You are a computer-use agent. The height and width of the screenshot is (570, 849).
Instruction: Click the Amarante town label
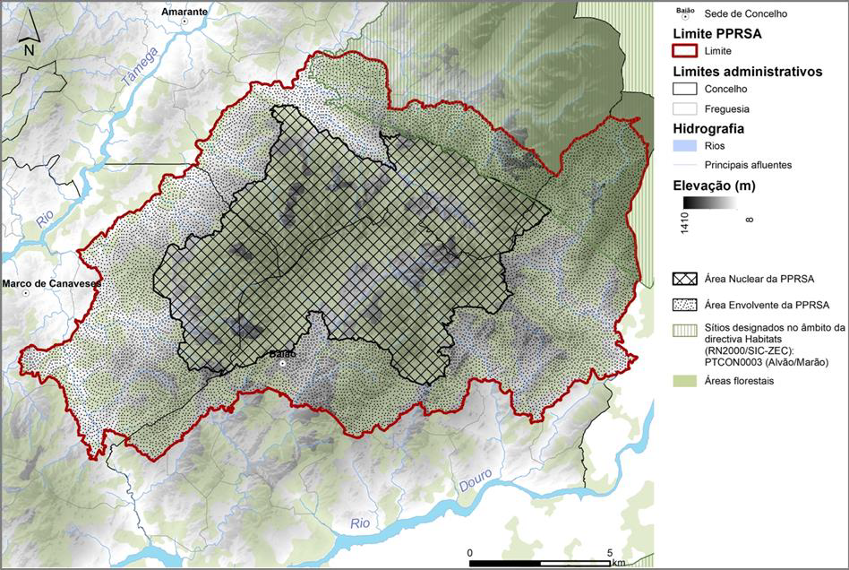click(184, 12)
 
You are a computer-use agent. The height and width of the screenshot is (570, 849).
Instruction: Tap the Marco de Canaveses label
click(52, 283)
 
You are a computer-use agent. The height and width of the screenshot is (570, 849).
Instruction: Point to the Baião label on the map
click(282, 354)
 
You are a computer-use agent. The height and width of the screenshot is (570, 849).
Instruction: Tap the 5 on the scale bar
click(609, 552)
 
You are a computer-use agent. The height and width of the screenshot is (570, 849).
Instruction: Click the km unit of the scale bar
click(619, 563)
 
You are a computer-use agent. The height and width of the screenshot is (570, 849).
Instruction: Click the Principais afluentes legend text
click(750, 165)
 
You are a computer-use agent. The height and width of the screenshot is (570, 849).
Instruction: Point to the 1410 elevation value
click(684, 221)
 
